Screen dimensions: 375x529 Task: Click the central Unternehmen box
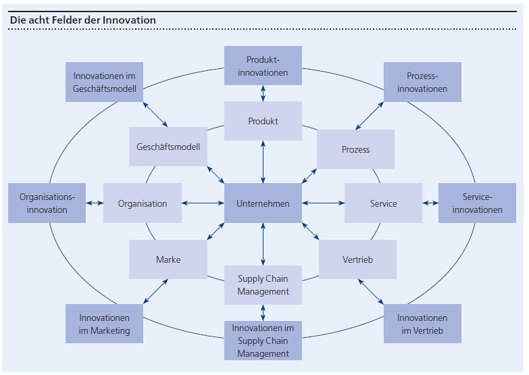pyautogui.click(x=263, y=203)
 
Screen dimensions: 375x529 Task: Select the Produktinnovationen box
pyautogui.click(x=263, y=66)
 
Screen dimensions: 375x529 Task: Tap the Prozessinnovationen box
pyautogui.click(x=422, y=82)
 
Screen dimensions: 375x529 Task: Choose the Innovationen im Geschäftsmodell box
pyautogui.click(x=104, y=82)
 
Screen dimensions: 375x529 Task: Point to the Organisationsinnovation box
pyautogui.click(x=47, y=203)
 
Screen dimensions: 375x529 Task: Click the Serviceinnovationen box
pyautogui.click(x=477, y=203)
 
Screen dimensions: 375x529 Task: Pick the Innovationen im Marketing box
pyautogui.click(x=104, y=324)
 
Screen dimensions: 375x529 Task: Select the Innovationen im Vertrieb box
pyautogui.click(x=422, y=324)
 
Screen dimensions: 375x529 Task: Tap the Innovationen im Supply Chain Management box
pyautogui.click(x=263, y=341)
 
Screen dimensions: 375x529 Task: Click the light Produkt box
pyautogui.click(x=263, y=121)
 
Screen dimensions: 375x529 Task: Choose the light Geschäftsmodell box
pyautogui.click(x=168, y=147)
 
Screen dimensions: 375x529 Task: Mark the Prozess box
pyautogui.click(x=356, y=149)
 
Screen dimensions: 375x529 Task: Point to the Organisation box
pyautogui.click(x=143, y=203)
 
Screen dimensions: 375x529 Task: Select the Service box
pyautogui.click(x=383, y=203)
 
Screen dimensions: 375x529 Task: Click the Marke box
pyautogui.click(x=168, y=259)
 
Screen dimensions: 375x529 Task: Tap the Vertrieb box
pyautogui.click(x=357, y=259)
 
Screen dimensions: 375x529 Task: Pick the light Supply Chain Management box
pyautogui.click(x=263, y=285)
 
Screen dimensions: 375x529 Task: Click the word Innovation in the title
pyautogui.click(x=129, y=20)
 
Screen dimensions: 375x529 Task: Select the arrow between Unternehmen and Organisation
pyautogui.click(x=203, y=203)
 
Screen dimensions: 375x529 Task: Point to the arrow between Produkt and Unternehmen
pyautogui.click(x=263, y=162)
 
